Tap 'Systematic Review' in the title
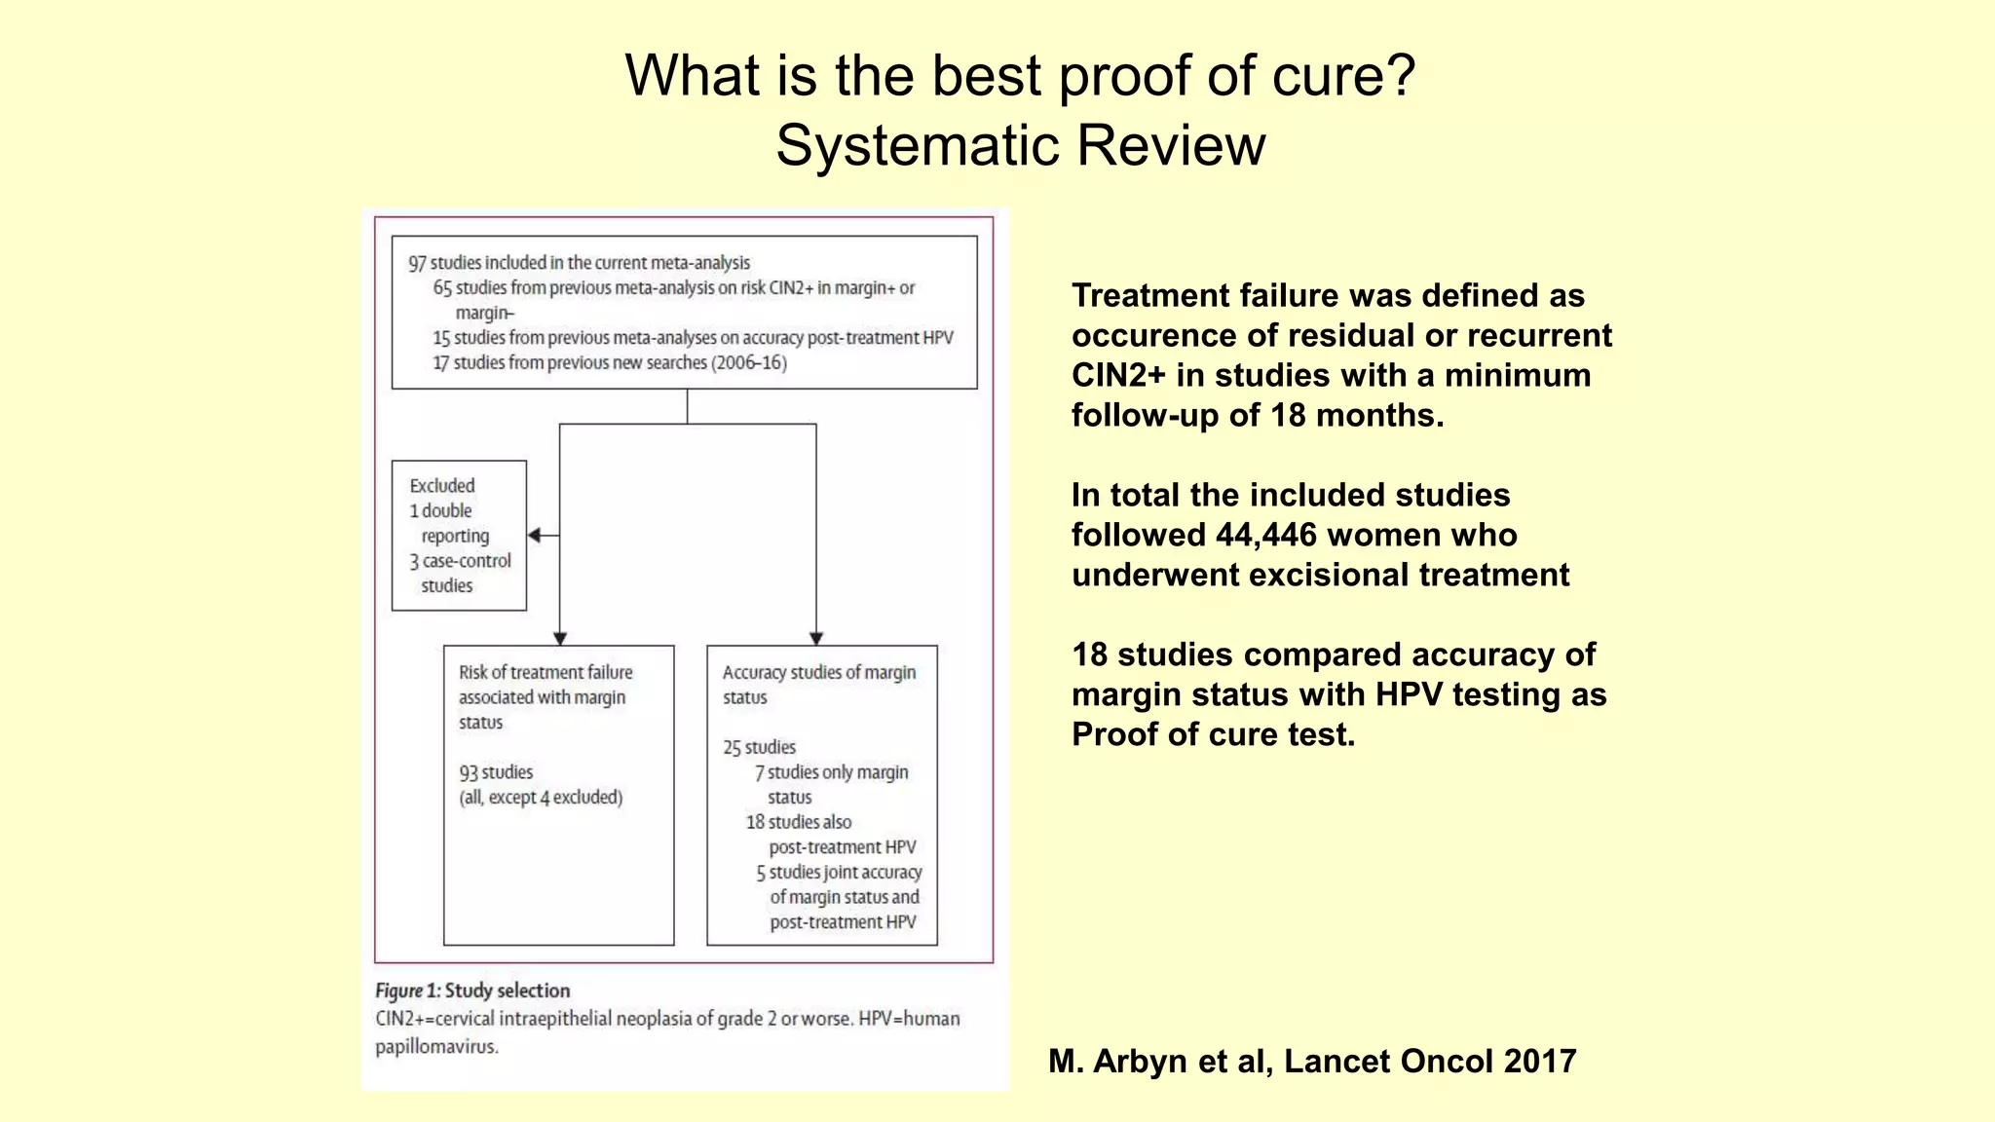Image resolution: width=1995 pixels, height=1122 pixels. point(1020,146)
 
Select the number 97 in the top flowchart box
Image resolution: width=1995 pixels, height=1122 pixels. point(417,263)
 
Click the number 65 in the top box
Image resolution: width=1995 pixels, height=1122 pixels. point(442,288)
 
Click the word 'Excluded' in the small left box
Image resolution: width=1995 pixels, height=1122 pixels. point(442,485)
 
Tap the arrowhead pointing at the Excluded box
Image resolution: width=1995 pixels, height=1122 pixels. point(535,535)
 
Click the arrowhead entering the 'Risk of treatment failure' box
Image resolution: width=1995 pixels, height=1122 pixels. point(560,638)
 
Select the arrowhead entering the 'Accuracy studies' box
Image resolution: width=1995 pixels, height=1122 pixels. point(816,638)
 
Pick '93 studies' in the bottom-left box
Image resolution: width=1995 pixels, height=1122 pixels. point(496,772)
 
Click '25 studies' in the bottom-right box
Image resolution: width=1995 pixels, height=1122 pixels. point(759,747)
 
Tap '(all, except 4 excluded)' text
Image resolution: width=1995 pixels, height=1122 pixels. point(541,798)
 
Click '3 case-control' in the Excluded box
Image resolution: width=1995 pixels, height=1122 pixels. point(460,561)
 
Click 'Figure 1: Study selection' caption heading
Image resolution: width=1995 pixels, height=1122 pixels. point(472,991)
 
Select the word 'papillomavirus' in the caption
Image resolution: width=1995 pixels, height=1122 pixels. point(436,1047)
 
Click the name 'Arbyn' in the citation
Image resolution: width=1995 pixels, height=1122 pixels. point(1141,1061)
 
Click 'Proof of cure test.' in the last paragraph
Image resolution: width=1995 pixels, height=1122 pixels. point(1213,734)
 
